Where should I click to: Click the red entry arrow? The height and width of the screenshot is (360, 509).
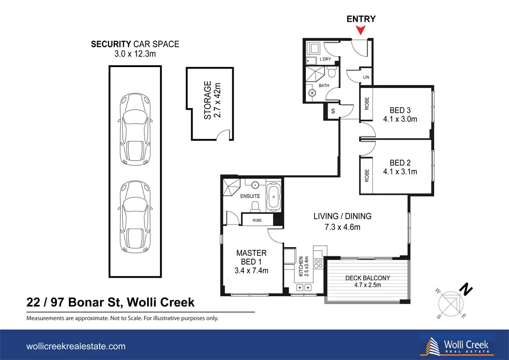[x=360, y=31]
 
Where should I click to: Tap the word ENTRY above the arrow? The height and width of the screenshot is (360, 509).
[x=361, y=19]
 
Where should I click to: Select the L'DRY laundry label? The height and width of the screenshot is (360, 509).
[x=325, y=59]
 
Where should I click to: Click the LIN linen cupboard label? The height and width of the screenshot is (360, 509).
[x=366, y=77]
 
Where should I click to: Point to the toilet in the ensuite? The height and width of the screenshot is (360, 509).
[x=255, y=206]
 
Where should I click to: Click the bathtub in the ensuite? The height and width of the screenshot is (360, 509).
[x=273, y=197]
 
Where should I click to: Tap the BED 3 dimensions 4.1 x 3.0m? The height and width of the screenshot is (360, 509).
[x=400, y=119]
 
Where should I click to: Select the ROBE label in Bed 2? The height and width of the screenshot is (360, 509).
[x=367, y=175]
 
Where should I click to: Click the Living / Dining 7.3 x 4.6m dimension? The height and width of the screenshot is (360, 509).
[x=342, y=227]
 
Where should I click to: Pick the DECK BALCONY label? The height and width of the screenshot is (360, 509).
[x=367, y=278]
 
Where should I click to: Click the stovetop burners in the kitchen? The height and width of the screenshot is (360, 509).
[x=318, y=264]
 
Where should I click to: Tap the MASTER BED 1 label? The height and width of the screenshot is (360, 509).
[x=252, y=257]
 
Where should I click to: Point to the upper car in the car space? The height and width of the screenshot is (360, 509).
[x=135, y=130]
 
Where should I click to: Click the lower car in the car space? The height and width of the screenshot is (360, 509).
[x=135, y=217]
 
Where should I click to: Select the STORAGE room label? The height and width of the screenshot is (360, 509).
[x=207, y=100]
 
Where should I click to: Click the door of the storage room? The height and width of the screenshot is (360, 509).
[x=223, y=135]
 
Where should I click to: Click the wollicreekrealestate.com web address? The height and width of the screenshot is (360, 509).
[x=76, y=346]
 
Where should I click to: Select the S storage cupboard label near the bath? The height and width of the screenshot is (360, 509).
[x=333, y=112]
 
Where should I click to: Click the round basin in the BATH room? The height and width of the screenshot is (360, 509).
[x=312, y=93]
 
